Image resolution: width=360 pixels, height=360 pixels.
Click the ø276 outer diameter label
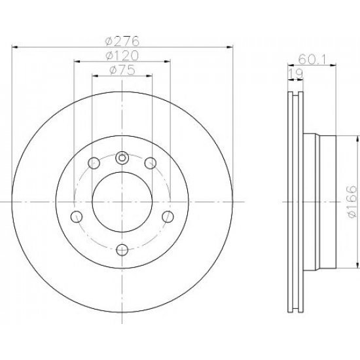122,41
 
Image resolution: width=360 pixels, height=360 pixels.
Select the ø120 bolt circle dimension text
122,56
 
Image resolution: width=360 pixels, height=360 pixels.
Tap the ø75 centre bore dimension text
122,70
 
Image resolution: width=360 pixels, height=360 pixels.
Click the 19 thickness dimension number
295,74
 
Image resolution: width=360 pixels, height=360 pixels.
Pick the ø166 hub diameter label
352,202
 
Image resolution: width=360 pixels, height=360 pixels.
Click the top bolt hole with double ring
122,158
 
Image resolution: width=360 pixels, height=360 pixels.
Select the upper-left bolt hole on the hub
94,163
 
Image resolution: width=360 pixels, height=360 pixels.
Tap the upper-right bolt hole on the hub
151,163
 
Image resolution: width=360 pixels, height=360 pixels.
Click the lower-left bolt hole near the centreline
77,217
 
